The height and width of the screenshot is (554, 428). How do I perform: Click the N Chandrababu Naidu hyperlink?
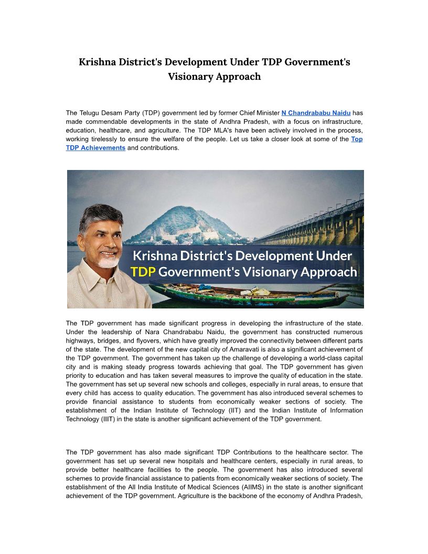[316, 113]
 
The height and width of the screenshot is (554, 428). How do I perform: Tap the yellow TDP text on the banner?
[143, 272]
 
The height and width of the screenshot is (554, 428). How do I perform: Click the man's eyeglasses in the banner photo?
[102, 235]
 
